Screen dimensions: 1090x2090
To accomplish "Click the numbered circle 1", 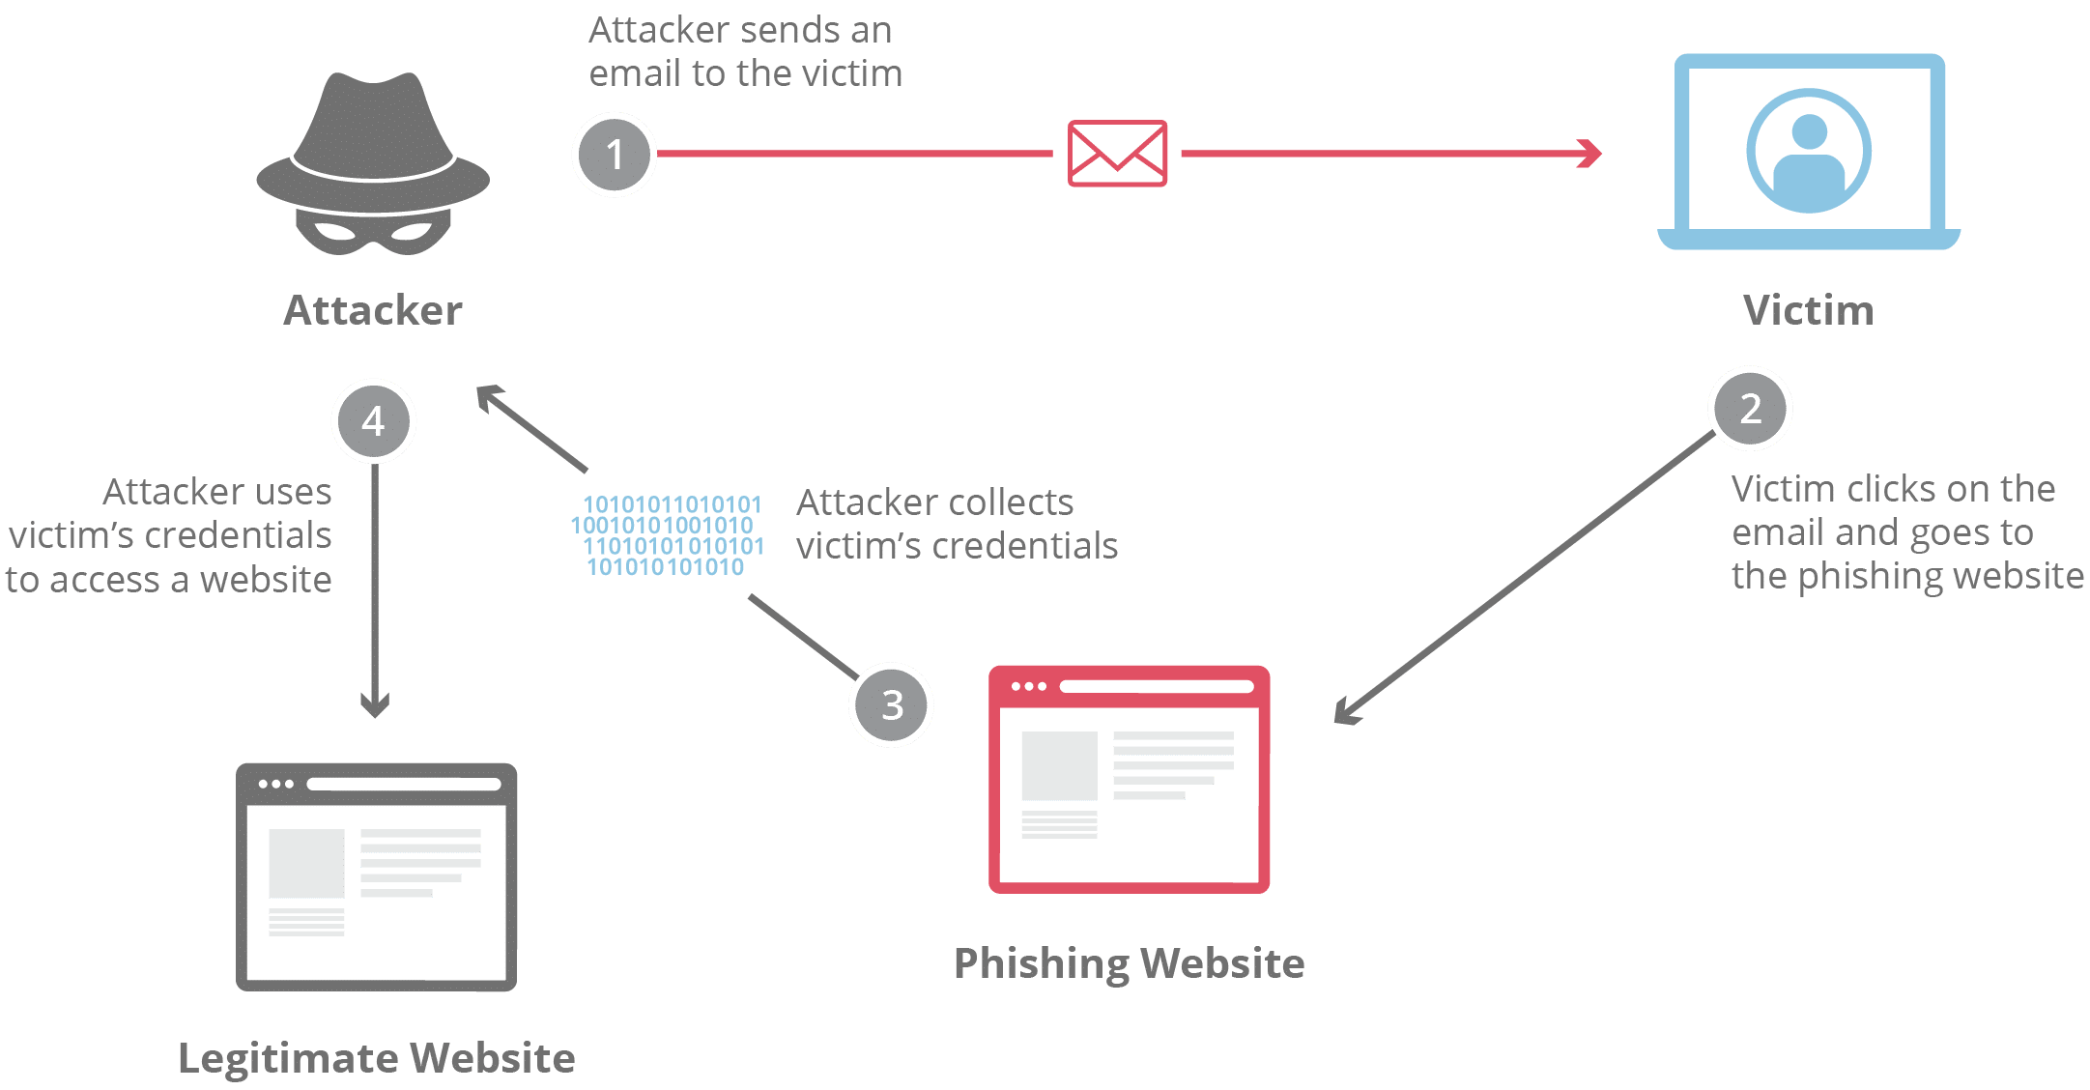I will (x=615, y=155).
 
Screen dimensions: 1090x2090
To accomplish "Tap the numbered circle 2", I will (x=1750, y=409).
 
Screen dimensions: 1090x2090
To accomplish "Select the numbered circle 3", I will (x=891, y=704).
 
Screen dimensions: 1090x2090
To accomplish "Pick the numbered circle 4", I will (x=373, y=421).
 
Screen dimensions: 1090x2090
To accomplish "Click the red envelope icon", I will (x=1117, y=154).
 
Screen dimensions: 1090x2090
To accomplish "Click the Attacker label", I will (x=373, y=310).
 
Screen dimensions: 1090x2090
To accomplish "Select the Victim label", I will (x=1808, y=310).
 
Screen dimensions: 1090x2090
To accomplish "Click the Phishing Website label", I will (x=1129, y=963).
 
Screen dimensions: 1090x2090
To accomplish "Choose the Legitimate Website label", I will (x=377, y=1058).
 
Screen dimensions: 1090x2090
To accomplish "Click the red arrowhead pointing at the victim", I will (x=1589, y=154).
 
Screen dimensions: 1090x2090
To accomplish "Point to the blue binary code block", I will (x=667, y=535).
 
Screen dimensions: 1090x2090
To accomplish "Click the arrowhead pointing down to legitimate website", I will (x=375, y=705).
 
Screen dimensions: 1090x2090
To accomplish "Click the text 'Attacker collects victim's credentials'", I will (x=956, y=524).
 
